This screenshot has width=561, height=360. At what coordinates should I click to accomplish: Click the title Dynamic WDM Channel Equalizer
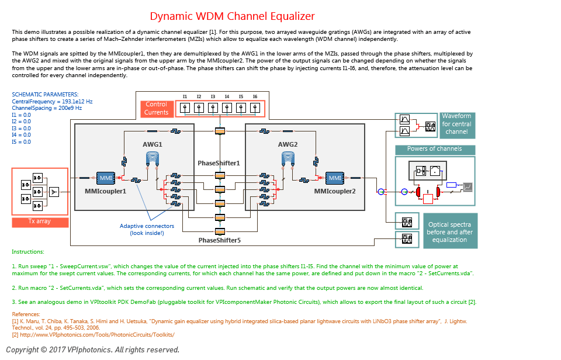232,16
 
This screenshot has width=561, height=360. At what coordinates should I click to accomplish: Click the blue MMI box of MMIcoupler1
106,177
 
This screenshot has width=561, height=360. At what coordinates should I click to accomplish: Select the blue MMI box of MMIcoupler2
334,177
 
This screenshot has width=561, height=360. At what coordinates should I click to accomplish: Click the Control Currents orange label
157,108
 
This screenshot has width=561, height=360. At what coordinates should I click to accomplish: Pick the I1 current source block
185,108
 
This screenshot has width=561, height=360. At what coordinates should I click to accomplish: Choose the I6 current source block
255,108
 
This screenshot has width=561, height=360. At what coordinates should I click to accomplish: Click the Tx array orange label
40,222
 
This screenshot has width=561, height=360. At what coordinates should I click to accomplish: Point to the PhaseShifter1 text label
219,162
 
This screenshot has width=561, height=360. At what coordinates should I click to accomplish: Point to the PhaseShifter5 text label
219,240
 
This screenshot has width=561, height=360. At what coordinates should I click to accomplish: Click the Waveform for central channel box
456,124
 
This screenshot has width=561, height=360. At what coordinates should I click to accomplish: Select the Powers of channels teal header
434,149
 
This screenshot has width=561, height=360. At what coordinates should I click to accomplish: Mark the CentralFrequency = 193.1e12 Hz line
52,102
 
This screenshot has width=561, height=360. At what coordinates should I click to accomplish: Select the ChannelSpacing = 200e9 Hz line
47,108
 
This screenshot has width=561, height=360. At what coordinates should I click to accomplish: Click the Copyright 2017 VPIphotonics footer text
92,349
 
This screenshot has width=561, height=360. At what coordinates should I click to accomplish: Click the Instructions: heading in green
27,252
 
